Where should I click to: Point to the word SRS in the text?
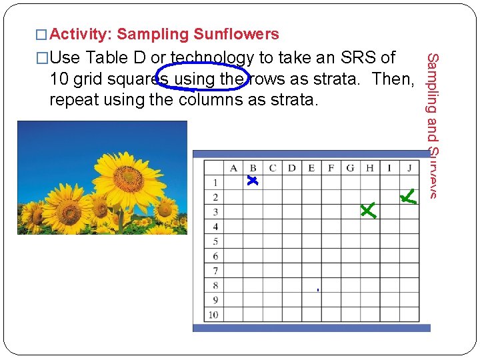pos(360,58)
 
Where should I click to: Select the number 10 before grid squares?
pos(57,79)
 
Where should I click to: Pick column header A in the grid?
pos(233,168)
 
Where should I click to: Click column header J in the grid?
pos(409,168)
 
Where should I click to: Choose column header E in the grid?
pos(311,168)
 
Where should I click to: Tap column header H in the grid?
pos(370,168)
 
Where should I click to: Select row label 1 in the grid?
pos(215,183)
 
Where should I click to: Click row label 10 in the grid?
pos(213,315)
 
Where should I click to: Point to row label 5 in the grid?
pos(215,241)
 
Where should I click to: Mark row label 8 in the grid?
pos(215,285)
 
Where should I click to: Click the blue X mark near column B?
pos(252,181)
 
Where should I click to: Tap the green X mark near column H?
pos(367,210)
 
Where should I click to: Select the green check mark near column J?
pos(408,196)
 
